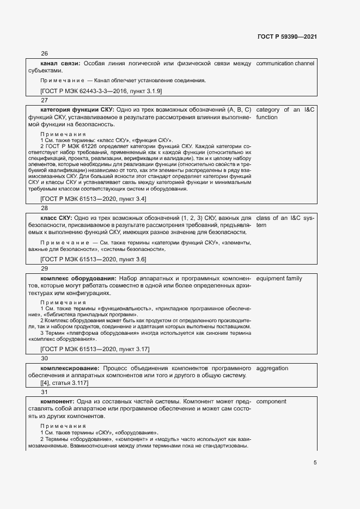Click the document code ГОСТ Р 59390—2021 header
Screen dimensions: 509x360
[x=286, y=36]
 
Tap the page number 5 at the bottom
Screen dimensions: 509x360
[x=315, y=463]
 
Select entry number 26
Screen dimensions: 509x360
[x=45, y=53]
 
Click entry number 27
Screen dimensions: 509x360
[x=45, y=100]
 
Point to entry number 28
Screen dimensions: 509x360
[x=45, y=208]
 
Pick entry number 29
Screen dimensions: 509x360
[x=45, y=268]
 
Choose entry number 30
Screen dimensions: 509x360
[x=45, y=358]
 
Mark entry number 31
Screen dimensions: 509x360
[x=45, y=391]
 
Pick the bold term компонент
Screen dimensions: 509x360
[x=60, y=402]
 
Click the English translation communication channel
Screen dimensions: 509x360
[x=285, y=64]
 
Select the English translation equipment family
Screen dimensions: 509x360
[x=279, y=279]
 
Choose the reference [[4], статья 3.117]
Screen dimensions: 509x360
[x=60, y=383]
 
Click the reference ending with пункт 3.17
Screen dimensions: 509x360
[x=95, y=348]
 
